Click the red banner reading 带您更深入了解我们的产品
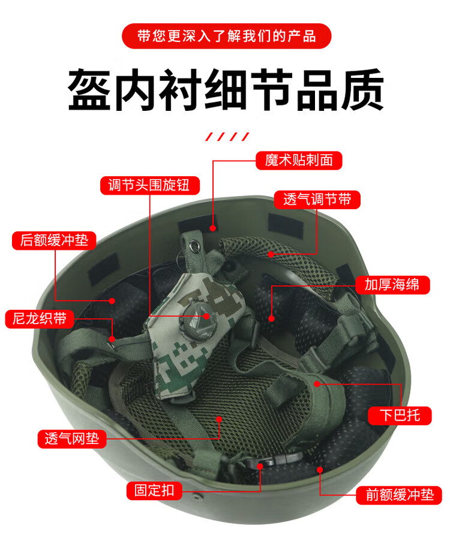tap(226, 36)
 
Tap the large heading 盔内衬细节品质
tap(226, 90)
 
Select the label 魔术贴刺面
tap(299, 161)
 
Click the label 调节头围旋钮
tap(150, 185)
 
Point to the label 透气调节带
tap(317, 200)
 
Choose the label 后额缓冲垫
tap(54, 240)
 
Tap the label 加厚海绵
tap(392, 285)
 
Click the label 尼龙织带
tap(40, 318)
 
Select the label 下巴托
tap(400, 415)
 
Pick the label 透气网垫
tap(72, 439)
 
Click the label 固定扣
tap(154, 491)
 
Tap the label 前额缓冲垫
tap(399, 495)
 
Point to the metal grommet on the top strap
tap(194, 245)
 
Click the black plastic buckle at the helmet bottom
tap(273, 460)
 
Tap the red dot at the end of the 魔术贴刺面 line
tap(213, 228)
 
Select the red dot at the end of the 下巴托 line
tap(317, 383)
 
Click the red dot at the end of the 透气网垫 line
tap(219, 419)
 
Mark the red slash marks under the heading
tap(227, 137)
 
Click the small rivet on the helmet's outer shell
tap(196, 495)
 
